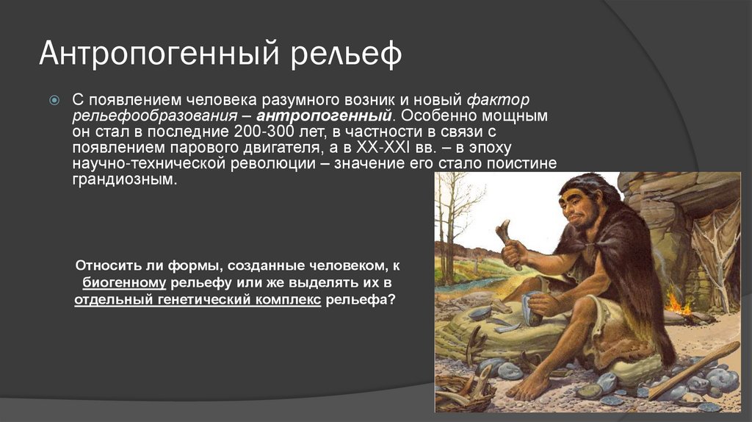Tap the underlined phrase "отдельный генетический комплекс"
tap(198, 301)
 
